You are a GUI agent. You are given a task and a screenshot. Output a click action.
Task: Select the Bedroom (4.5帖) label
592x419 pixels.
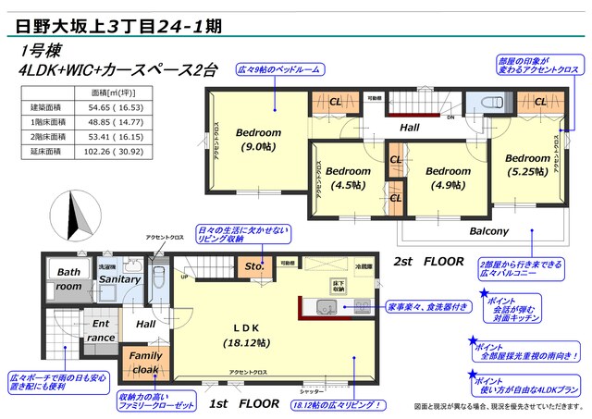pyautogui.click(x=348, y=179)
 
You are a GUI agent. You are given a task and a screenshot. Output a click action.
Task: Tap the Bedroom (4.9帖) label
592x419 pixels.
pyautogui.click(x=449, y=179)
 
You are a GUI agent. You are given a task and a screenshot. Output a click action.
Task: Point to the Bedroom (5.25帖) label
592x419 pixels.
pyautogui.click(x=528, y=165)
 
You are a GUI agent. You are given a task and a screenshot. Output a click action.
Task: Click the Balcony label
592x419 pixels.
pyautogui.click(x=488, y=231)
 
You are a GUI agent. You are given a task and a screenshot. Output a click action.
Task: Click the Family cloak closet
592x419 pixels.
pyautogui.click(x=144, y=362)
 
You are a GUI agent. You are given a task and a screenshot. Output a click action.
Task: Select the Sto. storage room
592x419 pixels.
pyautogui.click(x=254, y=268)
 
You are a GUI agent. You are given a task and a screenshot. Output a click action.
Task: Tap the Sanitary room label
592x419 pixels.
pyautogui.click(x=119, y=279)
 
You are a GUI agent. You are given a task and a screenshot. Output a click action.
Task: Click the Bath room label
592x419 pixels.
pyautogui.click(x=68, y=279)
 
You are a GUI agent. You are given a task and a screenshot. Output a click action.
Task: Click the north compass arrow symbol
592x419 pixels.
pyautogui.click(x=76, y=216)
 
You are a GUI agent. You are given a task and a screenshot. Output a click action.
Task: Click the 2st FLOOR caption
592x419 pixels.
pyautogui.click(x=429, y=262)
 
